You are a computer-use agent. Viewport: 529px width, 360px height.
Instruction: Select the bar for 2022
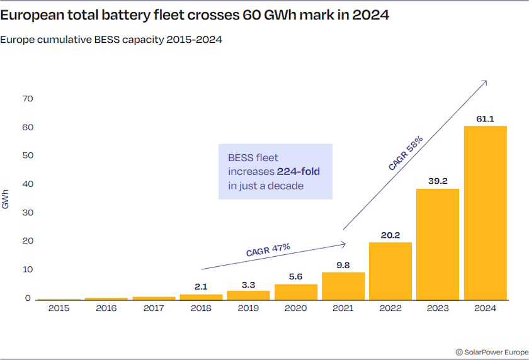390,271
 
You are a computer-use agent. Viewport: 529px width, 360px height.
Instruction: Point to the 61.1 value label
485,118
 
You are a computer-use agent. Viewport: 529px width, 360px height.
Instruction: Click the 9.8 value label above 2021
343,265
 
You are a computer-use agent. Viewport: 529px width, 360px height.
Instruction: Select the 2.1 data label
201,286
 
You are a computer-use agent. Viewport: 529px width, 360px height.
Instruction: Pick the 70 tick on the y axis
28,99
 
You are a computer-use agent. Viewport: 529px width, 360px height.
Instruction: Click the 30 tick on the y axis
28,213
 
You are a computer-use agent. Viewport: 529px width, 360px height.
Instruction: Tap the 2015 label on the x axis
59,308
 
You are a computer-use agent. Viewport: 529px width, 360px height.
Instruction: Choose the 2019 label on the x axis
248,308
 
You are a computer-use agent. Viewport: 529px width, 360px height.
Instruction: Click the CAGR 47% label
268,249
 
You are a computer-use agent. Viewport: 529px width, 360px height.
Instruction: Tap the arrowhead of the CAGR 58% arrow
486,82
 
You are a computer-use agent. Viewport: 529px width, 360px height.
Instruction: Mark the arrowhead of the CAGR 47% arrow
344,244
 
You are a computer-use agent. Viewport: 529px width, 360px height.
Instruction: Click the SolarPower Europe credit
492,352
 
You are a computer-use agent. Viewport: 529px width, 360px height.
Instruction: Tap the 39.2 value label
438,181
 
